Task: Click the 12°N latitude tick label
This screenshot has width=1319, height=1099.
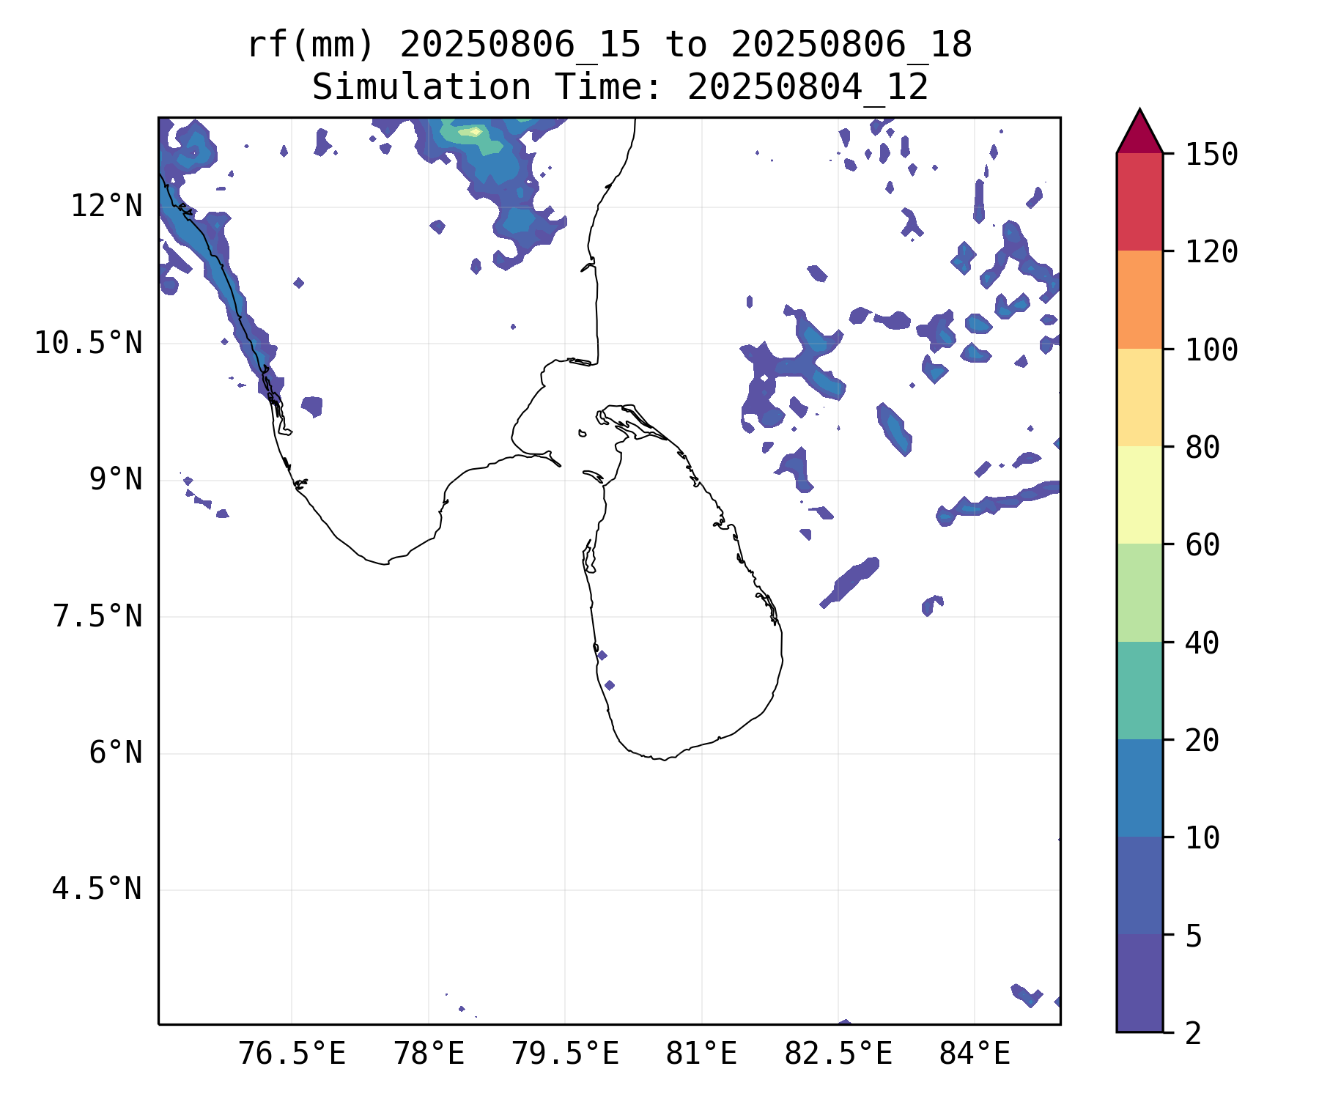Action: [106, 207]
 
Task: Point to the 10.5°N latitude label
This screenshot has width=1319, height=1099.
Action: [89, 343]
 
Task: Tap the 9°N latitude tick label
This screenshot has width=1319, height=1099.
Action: [116, 480]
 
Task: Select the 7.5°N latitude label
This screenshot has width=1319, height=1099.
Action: [97, 616]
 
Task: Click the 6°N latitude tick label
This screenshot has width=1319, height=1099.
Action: [116, 753]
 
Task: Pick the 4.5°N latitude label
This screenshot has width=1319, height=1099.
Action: [97, 889]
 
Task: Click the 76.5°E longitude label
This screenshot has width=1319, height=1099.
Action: [292, 1054]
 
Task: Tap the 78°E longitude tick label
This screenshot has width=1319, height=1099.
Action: [429, 1054]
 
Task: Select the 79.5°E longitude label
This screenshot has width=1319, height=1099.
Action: [565, 1054]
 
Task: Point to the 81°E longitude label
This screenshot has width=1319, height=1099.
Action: [701, 1054]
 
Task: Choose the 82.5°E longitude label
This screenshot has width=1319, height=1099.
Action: [838, 1054]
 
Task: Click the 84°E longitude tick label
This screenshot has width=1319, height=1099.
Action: [975, 1054]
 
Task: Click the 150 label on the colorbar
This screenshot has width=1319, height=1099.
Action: [1211, 155]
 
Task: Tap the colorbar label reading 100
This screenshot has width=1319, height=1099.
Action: [1211, 349]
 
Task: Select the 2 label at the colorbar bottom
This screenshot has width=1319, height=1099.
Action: [1194, 1033]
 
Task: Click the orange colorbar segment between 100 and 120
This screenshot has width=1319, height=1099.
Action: [1139, 300]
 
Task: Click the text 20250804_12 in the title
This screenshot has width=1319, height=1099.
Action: [808, 88]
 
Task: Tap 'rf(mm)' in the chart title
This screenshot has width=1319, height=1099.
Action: [310, 45]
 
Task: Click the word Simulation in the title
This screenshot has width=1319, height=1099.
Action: [421, 88]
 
